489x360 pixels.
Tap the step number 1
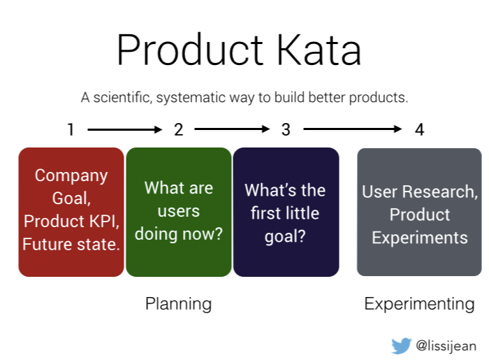pyautogui.click(x=71, y=129)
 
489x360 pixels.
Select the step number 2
pyautogui.click(x=178, y=129)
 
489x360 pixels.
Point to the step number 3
pyautogui.click(x=286, y=129)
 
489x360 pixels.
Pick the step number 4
pyautogui.click(x=418, y=129)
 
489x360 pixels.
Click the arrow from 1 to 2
pyautogui.click(x=124, y=129)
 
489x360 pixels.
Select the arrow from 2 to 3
pyautogui.click(x=232, y=129)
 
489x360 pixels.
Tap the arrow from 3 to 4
pyautogui.click(x=352, y=129)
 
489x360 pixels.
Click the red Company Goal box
pyautogui.click(x=71, y=212)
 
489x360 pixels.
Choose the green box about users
pyautogui.click(x=178, y=212)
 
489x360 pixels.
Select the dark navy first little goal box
pyautogui.click(x=286, y=212)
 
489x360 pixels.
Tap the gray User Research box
pyautogui.click(x=419, y=212)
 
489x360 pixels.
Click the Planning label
pyautogui.click(x=178, y=303)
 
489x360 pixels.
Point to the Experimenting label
pyautogui.click(x=419, y=303)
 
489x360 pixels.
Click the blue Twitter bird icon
pyautogui.click(x=401, y=345)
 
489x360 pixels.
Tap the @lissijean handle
pyautogui.click(x=446, y=345)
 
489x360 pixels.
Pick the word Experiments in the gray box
pyautogui.click(x=419, y=237)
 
